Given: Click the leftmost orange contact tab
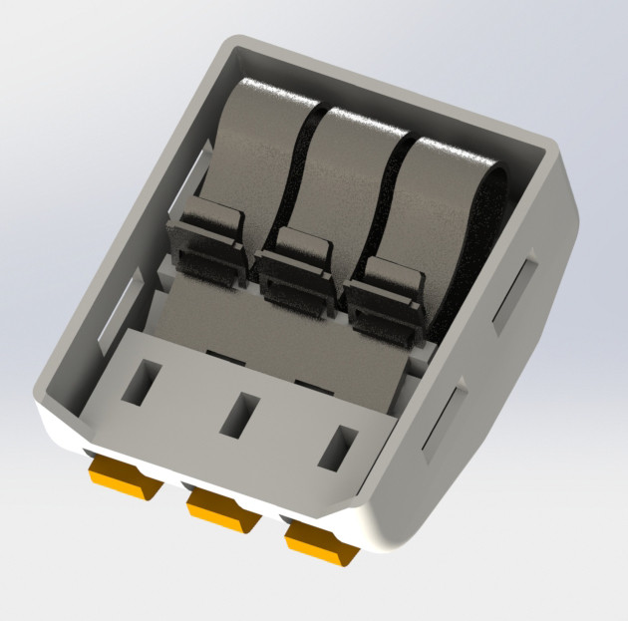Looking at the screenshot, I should coord(119,476).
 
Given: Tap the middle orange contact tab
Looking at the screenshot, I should coord(223,510).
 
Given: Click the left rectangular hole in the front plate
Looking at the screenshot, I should coord(141,383).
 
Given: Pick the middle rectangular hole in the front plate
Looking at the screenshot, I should coord(239,415).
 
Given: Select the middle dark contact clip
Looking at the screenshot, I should coord(297,264).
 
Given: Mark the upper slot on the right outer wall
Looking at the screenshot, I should coord(514,290).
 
